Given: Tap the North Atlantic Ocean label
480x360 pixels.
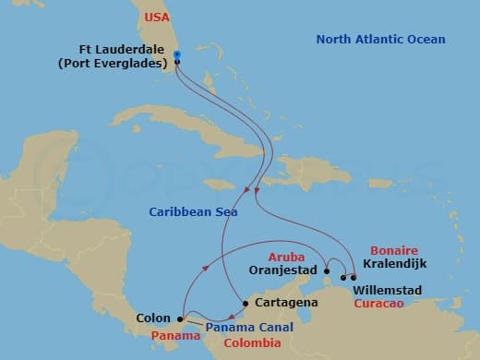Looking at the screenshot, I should pyautogui.click(x=381, y=40).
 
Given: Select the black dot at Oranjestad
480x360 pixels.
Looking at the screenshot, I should pyautogui.click(x=327, y=270).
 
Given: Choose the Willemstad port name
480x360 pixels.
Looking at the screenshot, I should pyautogui.click(x=388, y=290).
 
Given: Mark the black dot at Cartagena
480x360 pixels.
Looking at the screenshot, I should pyautogui.click(x=245, y=304).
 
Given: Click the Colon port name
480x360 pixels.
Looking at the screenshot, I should pyautogui.click(x=153, y=319).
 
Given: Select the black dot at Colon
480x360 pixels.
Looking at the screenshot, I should pyautogui.click(x=180, y=319).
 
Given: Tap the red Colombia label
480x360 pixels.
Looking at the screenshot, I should pyautogui.click(x=252, y=342).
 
